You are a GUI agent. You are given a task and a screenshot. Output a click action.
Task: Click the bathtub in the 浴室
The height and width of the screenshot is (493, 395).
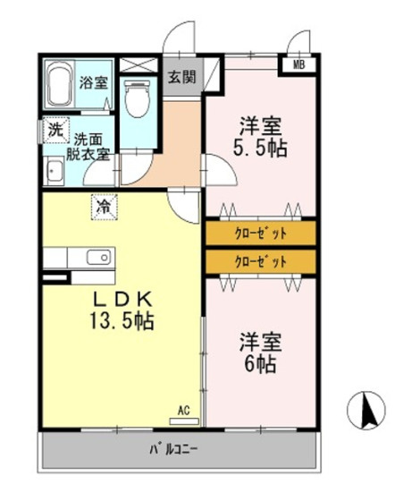click(59, 84)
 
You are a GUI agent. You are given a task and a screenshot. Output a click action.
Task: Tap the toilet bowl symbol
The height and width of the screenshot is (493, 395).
click(139, 98)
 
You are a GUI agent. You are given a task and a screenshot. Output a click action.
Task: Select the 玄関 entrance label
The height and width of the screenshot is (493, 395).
click(181, 77)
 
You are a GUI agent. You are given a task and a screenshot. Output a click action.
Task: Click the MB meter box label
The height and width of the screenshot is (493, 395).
click(299, 65)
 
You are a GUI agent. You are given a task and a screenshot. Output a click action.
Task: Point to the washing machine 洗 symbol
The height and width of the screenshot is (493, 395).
click(55, 130)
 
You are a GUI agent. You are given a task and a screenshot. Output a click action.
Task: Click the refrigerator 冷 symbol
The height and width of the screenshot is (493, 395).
click(105, 207)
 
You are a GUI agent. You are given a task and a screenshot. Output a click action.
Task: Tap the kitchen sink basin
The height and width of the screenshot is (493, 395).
click(99, 257)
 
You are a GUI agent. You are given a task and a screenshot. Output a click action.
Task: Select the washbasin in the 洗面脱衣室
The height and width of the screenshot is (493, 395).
click(55, 171)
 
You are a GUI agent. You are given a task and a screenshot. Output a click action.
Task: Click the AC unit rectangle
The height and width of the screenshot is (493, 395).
click(184, 421)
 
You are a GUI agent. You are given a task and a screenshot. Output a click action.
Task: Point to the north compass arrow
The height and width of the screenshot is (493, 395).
click(366, 410)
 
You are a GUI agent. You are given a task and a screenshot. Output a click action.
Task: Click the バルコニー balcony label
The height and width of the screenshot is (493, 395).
click(173, 450)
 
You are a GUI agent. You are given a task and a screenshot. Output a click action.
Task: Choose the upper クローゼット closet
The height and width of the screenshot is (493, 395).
click(261, 233)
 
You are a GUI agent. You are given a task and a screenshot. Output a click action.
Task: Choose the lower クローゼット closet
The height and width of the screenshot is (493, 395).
click(261, 261)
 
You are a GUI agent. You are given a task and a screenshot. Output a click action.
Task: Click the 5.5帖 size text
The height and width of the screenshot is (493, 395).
click(260, 149)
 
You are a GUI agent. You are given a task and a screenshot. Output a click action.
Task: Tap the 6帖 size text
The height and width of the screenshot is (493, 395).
click(260, 364)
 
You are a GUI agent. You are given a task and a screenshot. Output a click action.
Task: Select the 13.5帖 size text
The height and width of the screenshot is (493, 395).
click(122, 320)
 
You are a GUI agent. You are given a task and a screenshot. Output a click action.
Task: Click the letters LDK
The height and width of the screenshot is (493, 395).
click(123, 300)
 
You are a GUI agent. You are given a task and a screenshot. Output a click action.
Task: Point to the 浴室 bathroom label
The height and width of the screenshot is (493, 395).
click(94, 82)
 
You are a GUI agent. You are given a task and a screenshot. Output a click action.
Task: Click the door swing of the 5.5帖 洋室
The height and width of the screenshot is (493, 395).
click(221, 170)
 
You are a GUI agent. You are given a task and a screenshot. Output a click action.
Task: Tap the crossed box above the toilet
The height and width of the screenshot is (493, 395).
click(139, 65)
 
